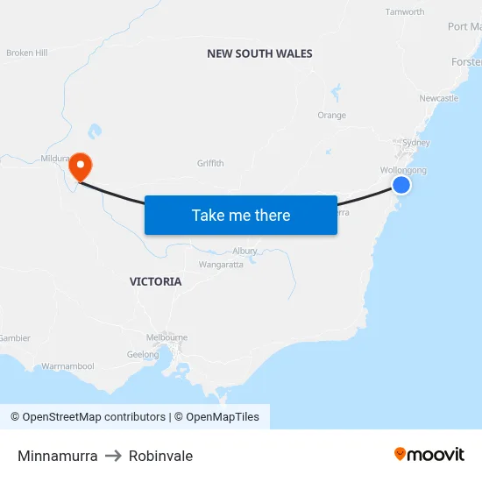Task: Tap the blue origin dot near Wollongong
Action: tap(401, 185)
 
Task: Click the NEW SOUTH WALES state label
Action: tap(259, 53)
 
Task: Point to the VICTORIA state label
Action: tap(155, 281)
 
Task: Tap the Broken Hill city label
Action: tap(26, 53)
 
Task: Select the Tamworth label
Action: tap(405, 12)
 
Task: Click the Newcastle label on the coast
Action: tap(438, 98)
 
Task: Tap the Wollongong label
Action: tap(403, 170)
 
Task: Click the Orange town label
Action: tap(331, 115)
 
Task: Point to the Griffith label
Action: tap(210, 163)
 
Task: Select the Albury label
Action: tap(245, 251)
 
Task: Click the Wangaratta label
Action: tap(221, 265)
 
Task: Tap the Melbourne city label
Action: tap(167, 337)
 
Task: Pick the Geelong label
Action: tap(143, 355)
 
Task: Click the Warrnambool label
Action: tap(67, 366)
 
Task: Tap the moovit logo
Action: tap(429, 455)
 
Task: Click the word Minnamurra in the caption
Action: tap(57, 456)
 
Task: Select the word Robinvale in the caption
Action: tap(160, 456)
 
